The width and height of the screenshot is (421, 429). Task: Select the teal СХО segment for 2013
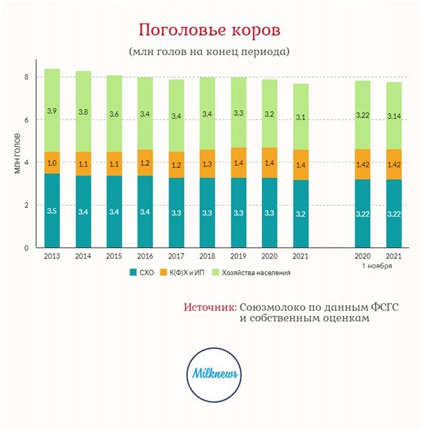(52, 210)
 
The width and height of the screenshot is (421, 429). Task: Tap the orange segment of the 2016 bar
(146, 162)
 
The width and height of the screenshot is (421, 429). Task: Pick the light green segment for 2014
(83, 111)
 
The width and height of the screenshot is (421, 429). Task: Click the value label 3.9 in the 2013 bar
(52, 110)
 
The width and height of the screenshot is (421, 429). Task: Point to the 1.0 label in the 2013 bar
(52, 163)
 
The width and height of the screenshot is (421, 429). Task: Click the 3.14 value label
(394, 115)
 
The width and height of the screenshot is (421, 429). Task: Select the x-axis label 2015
(114, 256)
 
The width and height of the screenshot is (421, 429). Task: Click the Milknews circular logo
(211, 375)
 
